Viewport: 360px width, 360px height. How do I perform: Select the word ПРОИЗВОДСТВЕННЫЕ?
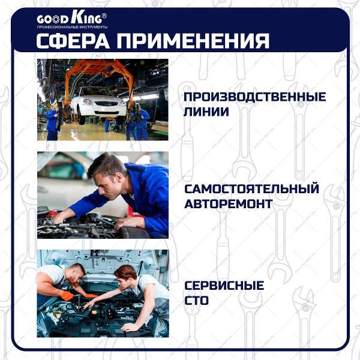(254, 97)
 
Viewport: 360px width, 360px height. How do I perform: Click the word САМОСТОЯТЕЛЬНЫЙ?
(251, 189)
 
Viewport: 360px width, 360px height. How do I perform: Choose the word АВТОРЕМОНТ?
(228, 204)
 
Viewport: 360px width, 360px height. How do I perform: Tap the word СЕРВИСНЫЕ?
(224, 286)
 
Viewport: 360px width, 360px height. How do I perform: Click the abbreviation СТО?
(196, 300)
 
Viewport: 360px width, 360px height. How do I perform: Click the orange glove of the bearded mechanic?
(65, 295)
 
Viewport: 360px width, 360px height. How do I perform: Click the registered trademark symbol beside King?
(104, 15)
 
